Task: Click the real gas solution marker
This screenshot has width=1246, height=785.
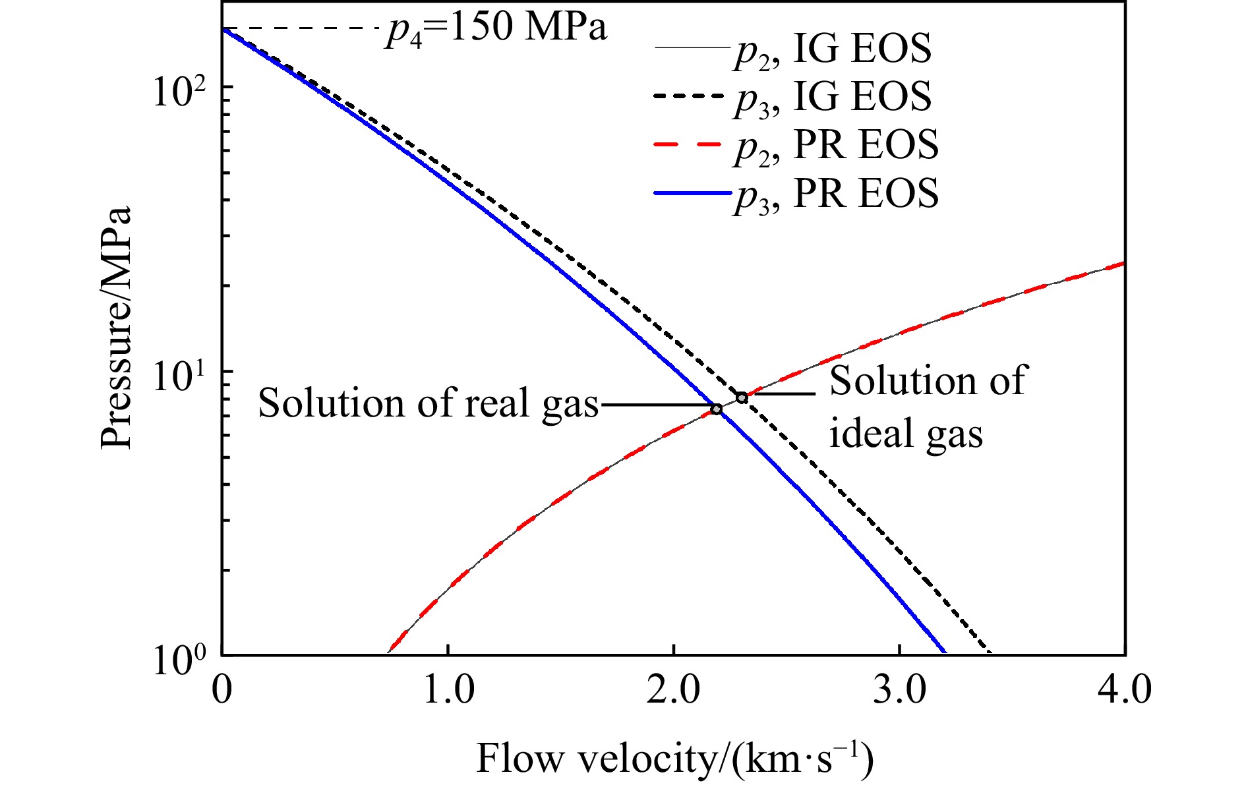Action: pyautogui.click(x=717, y=409)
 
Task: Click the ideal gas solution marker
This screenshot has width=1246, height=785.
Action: pyautogui.click(x=742, y=397)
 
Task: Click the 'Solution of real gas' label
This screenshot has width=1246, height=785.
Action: pyautogui.click(x=428, y=403)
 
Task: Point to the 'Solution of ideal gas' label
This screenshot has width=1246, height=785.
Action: pyautogui.click(x=926, y=407)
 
